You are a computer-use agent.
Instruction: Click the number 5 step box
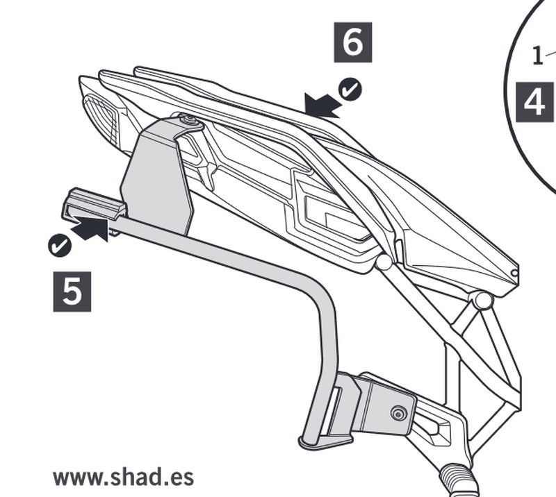pos(72,292)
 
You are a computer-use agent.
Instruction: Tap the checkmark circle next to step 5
pos(58,245)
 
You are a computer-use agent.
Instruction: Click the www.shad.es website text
pos(123,478)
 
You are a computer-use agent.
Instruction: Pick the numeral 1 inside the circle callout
pos(537,56)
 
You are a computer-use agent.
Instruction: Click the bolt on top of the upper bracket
pos(188,122)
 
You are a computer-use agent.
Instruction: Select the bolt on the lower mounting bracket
pos(398,414)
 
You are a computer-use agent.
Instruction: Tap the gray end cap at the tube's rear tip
pos(94,204)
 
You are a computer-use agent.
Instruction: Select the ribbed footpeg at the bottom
pos(459,480)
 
